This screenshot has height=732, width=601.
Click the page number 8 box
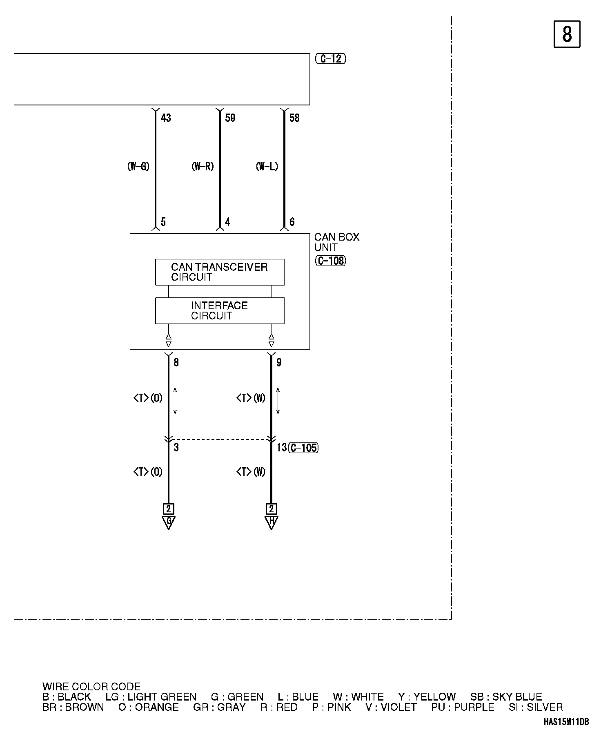[567, 34]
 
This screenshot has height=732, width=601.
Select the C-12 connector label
[330, 59]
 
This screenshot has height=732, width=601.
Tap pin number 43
[166, 118]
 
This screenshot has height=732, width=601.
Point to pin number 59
[230, 118]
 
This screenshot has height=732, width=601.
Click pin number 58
[294, 118]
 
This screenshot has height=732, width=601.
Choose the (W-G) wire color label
[138, 167]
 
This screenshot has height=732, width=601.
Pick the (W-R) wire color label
[203, 167]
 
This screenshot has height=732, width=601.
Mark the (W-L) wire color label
[267, 167]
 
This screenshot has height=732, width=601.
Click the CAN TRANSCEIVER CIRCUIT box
[220, 272]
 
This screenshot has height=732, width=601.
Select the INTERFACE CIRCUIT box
[220, 311]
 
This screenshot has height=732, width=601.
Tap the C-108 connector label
[330, 261]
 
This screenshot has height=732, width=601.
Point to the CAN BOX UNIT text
[336, 242]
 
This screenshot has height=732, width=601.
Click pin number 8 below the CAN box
[176, 362]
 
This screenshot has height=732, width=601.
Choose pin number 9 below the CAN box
[279, 362]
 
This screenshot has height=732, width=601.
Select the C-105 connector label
[303, 448]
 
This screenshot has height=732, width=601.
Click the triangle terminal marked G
[169, 522]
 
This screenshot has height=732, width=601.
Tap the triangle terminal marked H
[271, 522]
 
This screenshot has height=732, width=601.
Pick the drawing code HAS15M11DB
[566, 722]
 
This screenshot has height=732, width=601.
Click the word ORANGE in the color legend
[156, 707]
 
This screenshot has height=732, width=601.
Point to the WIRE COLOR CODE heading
[91, 687]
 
